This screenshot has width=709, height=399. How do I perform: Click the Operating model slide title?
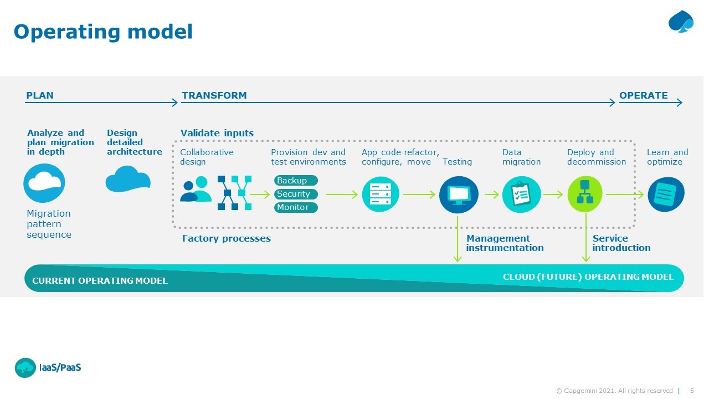tap(103, 32)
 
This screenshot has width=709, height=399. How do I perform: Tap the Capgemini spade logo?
tap(681, 22)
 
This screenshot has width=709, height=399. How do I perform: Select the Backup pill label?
tap(296, 181)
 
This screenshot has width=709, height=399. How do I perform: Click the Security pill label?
tap(296, 194)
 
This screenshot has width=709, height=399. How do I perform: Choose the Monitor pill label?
tap(296, 207)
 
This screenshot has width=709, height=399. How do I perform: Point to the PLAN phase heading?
tap(40, 95)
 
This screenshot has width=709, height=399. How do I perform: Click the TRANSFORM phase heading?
tap(214, 95)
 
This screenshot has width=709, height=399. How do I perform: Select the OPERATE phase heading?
tap(643, 95)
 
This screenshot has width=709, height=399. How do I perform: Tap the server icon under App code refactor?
tap(381, 195)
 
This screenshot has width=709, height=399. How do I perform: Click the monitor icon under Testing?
tap(459, 195)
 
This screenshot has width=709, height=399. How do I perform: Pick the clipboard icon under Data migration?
tap(521, 195)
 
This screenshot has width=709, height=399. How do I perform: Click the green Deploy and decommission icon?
tap(585, 194)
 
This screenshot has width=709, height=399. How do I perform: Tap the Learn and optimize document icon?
tap(666, 195)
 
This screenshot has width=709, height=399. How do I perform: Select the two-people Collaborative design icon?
tap(196, 190)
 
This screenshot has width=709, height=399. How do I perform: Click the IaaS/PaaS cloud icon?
tap(25, 367)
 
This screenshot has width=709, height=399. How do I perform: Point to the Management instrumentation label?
tap(505, 243)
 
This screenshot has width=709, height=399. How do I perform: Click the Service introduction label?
tap(621, 243)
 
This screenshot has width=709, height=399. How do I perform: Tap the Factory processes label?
tap(226, 239)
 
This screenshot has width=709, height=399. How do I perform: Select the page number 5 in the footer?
tap(692, 391)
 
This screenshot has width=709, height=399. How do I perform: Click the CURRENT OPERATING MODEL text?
tap(100, 281)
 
